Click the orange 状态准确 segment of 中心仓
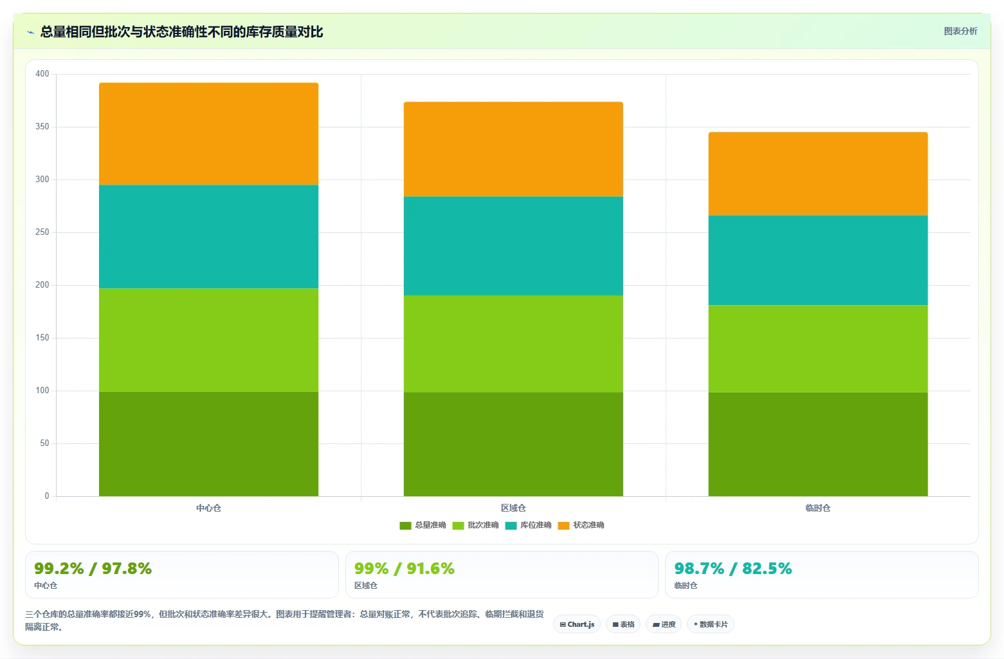pyautogui.click(x=208, y=134)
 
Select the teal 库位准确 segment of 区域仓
pyautogui.click(x=513, y=246)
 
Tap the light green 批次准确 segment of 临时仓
pyautogui.click(x=818, y=349)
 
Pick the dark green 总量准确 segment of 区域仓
pyautogui.click(x=513, y=444)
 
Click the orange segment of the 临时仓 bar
pyautogui.click(x=818, y=174)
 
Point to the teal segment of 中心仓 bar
pyautogui.click(x=208, y=237)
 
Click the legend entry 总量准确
pyautogui.click(x=423, y=525)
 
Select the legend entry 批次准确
pyautogui.click(x=475, y=525)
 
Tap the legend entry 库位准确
pyautogui.click(x=528, y=525)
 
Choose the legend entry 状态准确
pyautogui.click(x=581, y=525)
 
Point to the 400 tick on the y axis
pyautogui.click(x=42, y=73)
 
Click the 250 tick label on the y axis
pyautogui.click(x=42, y=232)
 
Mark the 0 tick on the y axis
pyautogui.click(x=46, y=496)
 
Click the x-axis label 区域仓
pyautogui.click(x=513, y=508)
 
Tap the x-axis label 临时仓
pyautogui.click(x=818, y=508)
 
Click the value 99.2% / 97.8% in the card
pyautogui.click(x=93, y=568)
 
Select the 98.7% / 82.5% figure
pyautogui.click(x=733, y=568)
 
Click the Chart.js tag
pyautogui.click(x=577, y=624)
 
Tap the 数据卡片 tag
pyautogui.click(x=711, y=624)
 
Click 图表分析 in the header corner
pyautogui.click(x=960, y=32)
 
